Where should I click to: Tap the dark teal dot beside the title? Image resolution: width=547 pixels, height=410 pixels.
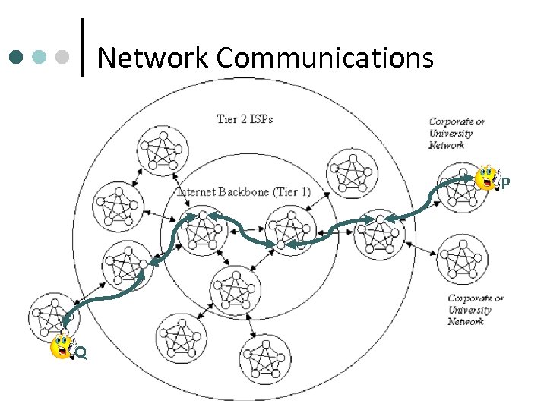tap(16, 57)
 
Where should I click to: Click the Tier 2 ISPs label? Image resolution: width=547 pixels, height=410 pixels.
tap(245, 118)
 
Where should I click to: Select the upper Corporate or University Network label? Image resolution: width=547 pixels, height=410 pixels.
tap(457, 133)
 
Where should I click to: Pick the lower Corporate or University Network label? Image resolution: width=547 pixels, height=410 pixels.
tap(476, 310)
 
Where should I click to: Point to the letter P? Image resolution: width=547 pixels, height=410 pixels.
tap(505, 183)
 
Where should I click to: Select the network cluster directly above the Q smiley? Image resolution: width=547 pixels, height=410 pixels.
tap(53, 314)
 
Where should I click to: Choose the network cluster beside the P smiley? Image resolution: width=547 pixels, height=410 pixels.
tap(458, 193)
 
